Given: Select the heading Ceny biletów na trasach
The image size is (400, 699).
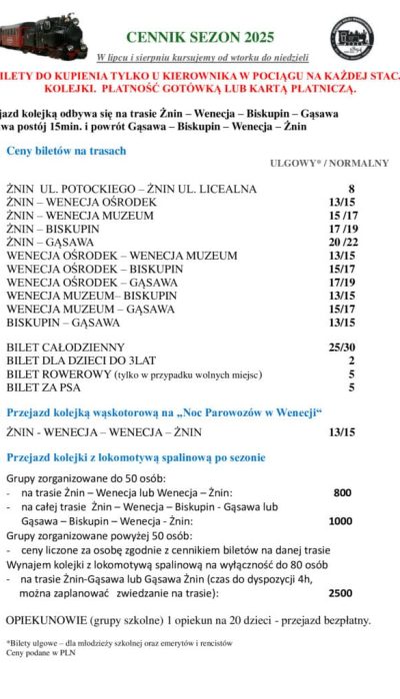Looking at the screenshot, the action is click(66, 151).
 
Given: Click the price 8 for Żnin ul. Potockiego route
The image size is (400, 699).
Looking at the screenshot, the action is click(351, 189).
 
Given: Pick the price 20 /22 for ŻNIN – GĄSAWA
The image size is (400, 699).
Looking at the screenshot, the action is click(342, 242).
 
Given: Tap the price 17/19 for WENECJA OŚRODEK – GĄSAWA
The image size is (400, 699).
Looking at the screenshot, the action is click(342, 283).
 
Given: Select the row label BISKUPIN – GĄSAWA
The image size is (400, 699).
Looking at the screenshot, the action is click(62, 323).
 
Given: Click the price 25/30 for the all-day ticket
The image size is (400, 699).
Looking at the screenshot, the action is click(342, 347).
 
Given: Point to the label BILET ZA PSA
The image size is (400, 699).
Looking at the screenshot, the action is click(44, 386).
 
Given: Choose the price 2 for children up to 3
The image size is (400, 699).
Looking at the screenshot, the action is click(352, 360).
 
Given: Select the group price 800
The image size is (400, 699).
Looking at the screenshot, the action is click(342, 492).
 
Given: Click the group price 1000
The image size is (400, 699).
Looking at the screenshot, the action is click(340, 520).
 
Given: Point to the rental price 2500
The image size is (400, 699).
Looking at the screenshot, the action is click(340, 591).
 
